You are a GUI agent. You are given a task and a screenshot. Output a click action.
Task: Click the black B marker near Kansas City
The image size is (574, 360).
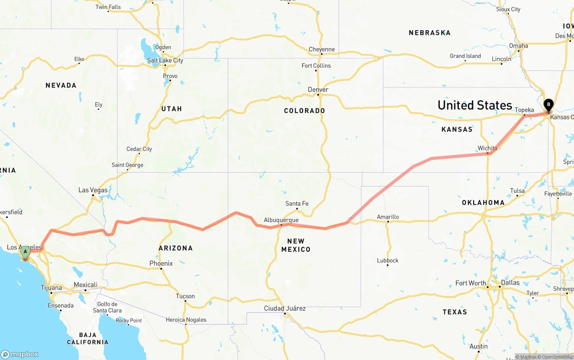point(548,105)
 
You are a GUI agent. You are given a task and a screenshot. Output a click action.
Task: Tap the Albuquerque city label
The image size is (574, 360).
point(281,220)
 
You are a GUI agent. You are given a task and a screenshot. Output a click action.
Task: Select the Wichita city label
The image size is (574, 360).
point(487,148)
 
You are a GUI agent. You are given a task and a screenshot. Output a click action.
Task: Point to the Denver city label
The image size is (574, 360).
point(318,90)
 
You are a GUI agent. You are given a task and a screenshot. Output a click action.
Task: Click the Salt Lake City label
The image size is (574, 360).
point(165,61)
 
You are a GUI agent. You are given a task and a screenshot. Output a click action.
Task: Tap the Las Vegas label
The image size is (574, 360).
point(93,190)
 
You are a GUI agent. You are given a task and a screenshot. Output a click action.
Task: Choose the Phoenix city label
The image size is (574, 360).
point(161,264)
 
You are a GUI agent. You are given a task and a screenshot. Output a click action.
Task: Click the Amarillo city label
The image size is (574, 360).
point(388,217)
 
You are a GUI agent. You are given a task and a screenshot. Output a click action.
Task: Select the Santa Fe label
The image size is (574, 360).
point(297,204)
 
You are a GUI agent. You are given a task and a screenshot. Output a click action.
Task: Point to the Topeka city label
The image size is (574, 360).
point(524,110)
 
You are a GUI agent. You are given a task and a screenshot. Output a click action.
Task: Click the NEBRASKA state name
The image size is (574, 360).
point(430,33)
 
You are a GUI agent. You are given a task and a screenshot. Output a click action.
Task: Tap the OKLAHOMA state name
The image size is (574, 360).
point(483,203)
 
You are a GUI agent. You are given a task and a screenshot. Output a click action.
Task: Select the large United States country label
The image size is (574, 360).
point(474,105)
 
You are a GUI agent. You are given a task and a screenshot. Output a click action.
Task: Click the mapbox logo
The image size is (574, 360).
point(20,354)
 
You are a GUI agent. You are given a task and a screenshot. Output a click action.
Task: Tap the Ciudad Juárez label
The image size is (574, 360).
point(285,308)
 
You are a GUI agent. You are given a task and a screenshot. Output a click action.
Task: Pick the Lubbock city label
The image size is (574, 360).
point(388,260)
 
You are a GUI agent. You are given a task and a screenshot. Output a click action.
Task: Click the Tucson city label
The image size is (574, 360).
point(185,296)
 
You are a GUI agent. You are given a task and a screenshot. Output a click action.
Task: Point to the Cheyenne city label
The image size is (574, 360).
point(322,49)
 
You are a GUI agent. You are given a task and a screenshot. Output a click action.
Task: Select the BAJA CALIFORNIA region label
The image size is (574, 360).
point(87,338)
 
